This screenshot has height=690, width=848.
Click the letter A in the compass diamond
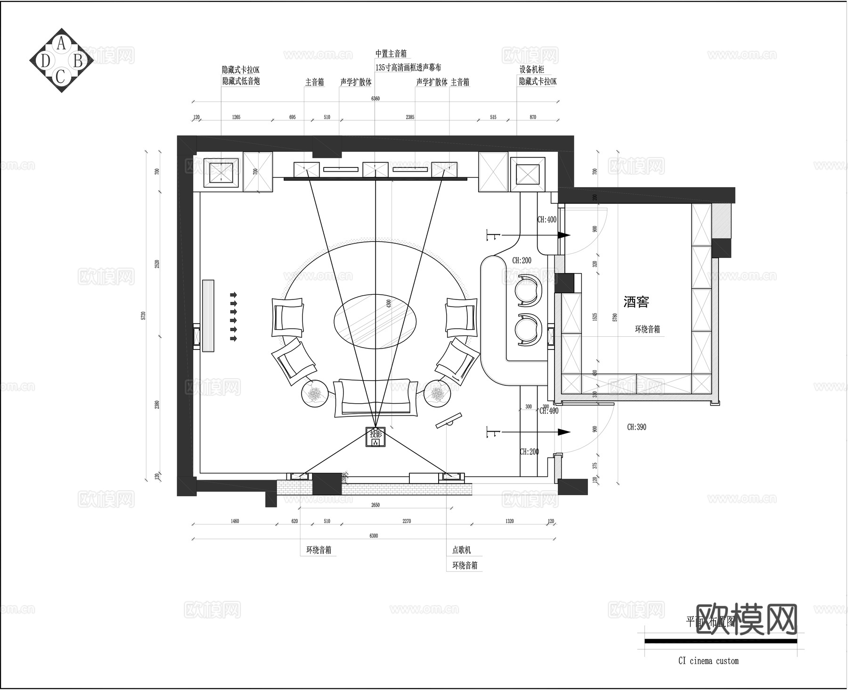coord(61,44)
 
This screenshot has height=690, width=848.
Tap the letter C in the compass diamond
coord(61,75)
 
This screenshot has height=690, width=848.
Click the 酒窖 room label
coord(636,301)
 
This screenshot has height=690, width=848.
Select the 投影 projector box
coord(375,437)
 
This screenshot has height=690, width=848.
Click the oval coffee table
coord(375,321)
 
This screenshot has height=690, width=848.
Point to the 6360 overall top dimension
coord(375,99)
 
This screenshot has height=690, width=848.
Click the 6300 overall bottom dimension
coord(374,536)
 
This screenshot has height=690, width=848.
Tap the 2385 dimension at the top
coord(410,117)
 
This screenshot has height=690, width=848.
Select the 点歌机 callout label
coord(461,550)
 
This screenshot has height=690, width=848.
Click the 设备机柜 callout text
coord(531,69)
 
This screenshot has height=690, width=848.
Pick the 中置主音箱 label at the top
coord(391,54)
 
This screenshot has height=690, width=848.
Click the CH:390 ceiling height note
coord(636,427)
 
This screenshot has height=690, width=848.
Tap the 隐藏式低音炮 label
coord(241,81)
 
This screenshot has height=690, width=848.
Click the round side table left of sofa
coord(314,393)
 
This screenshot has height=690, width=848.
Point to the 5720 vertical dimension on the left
coord(144,316)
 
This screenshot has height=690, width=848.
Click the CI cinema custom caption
coord(708,661)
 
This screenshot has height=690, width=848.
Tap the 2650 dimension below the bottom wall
coord(375,505)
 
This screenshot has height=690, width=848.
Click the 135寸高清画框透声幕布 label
coord(408,67)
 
